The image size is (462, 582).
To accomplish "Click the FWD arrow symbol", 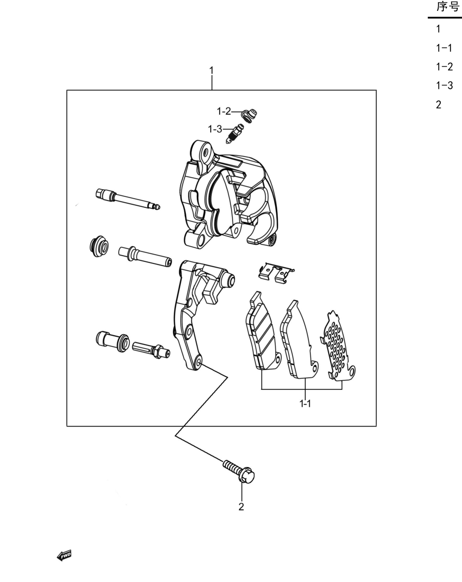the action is click(64, 555).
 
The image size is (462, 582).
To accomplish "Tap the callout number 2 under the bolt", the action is click(241, 507).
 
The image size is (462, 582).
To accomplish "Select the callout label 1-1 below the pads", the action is click(305, 403).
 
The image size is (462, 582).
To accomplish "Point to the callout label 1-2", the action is click(224, 111).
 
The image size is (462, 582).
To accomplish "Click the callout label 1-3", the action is click(215, 129).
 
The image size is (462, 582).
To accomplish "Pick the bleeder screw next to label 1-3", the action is click(235, 134).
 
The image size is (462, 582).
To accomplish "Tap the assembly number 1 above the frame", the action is click(211, 70).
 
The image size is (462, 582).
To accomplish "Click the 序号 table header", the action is click(447, 7).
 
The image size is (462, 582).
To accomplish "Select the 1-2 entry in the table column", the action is click(444, 67).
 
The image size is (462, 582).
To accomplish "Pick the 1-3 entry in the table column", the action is click(444, 86).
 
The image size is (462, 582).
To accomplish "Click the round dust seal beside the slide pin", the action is click(99, 245).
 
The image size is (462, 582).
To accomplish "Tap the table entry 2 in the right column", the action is click(439, 104).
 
